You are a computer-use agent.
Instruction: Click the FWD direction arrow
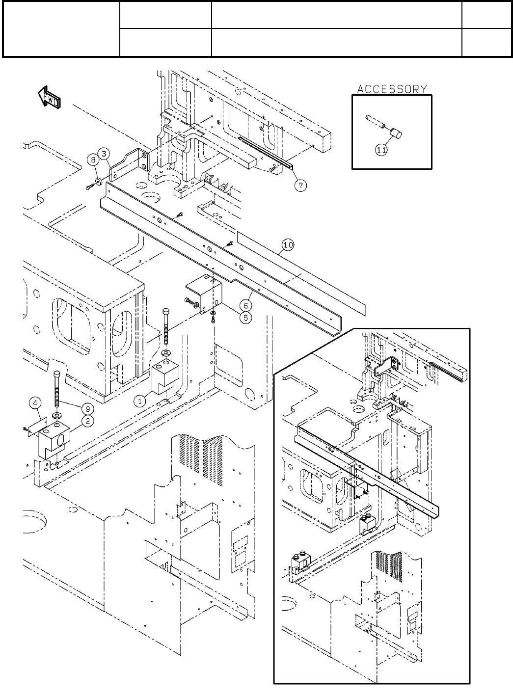[49, 97]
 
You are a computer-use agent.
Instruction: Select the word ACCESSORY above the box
[392, 89]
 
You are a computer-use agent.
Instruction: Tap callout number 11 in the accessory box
[381, 150]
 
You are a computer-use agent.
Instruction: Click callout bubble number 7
[300, 186]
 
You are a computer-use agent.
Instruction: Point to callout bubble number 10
[288, 245]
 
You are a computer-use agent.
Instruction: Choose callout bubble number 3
[104, 154]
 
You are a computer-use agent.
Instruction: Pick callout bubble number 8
[93, 160]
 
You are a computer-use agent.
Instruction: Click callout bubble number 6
[246, 305]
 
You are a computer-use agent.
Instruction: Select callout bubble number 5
[246, 318]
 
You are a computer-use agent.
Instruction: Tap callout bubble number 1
[140, 401]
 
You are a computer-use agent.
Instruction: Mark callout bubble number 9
[88, 408]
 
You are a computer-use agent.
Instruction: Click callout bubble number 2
[88, 421]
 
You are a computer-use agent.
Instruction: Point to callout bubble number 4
[35, 403]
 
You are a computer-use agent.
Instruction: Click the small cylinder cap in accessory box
[396, 134]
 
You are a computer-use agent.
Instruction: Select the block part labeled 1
[165, 377]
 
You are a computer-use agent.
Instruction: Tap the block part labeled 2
[54, 440]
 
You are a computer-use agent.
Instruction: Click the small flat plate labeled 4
[38, 427]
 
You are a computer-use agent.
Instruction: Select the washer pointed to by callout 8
[99, 182]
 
